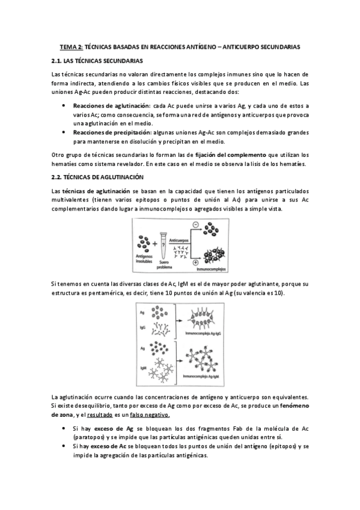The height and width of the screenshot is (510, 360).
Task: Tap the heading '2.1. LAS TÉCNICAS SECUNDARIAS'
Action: click(97, 61)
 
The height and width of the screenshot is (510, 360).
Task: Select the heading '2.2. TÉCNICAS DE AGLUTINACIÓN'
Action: click(97, 177)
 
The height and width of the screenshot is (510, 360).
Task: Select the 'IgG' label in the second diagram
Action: click(142, 327)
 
